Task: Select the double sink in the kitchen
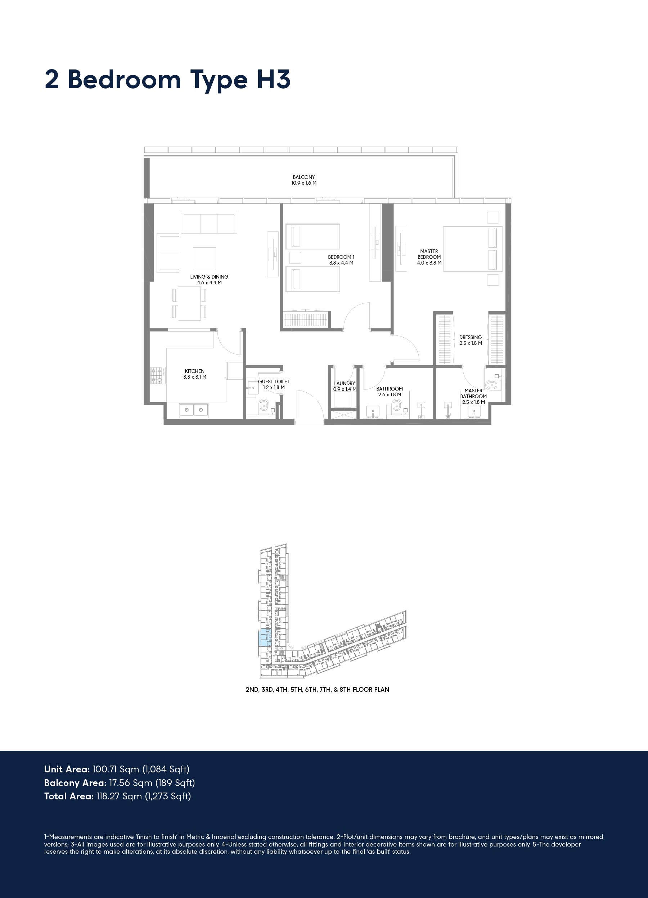[194, 410]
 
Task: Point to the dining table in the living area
[189, 303]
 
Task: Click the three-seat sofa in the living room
[209, 222]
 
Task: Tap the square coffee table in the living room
[204, 258]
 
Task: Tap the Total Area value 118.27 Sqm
[119, 796]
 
